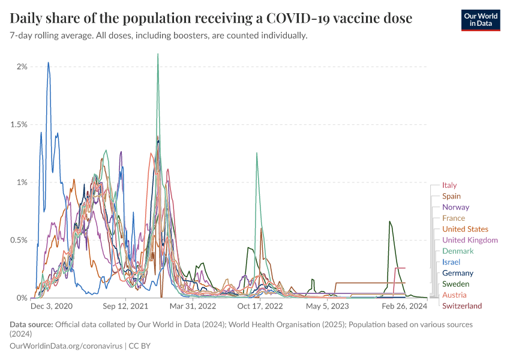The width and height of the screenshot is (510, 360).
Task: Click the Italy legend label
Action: tap(449, 185)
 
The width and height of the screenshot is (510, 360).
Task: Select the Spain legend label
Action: tap(451, 196)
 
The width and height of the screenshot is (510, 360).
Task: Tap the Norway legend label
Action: tap(455, 207)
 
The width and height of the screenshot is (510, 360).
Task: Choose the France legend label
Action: tap(453, 218)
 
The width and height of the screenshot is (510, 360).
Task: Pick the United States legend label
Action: tap(465, 229)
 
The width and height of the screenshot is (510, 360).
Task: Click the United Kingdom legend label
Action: tap(470, 240)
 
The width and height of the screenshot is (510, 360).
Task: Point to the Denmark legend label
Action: tap(458, 251)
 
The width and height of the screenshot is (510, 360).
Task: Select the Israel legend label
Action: tap(451, 262)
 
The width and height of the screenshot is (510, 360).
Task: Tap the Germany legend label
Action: tap(458, 273)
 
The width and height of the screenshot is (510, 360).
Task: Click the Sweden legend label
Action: tap(455, 284)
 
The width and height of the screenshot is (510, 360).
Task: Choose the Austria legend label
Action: tap(454, 295)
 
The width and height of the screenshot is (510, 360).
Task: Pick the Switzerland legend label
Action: tap(462, 306)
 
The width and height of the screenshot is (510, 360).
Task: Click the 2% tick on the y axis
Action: tap(22, 67)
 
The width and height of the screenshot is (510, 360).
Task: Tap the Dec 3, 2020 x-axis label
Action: tap(52, 306)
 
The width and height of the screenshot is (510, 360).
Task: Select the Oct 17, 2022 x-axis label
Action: tap(260, 306)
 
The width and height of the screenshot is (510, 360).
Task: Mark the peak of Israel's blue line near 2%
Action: tap(49, 62)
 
